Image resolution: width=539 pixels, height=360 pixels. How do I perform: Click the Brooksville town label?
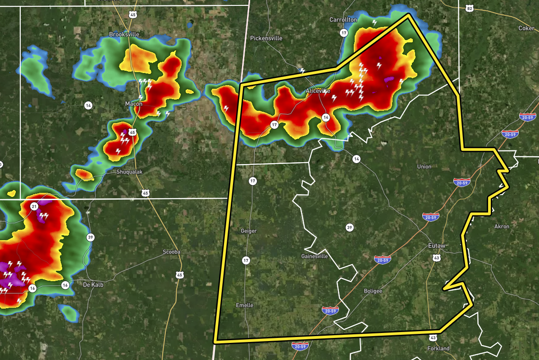tap(124, 34)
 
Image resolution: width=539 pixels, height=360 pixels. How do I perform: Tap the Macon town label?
tap(133, 104)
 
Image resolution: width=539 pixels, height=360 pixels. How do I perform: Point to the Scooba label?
tap(171, 252)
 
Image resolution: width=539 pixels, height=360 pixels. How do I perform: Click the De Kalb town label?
tap(94, 285)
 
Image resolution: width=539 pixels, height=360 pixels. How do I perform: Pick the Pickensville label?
tap(266, 38)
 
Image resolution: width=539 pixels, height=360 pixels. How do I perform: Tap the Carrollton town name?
tap(343, 20)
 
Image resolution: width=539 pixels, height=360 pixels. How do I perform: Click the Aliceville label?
tap(318, 91)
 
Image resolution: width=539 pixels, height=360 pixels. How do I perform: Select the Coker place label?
tap(526, 28)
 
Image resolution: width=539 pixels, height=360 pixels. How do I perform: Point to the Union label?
tap(424, 167)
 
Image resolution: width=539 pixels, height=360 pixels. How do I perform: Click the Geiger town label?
tap(248, 231)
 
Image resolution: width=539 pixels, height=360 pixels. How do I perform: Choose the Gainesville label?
tap(314, 256)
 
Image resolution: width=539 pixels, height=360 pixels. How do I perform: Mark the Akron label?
tap(502, 227)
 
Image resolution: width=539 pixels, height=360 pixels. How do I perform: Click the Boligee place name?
tap(373, 291)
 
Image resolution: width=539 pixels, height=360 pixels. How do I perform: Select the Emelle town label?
tap(245, 305)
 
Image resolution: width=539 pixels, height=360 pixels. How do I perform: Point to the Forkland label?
tap(438, 349)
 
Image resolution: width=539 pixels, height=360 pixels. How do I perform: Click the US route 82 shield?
tap(470, 9)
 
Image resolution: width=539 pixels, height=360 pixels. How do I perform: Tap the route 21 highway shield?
tap(34, 206)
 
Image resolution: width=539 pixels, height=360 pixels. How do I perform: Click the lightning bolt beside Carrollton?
tap(374, 22)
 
